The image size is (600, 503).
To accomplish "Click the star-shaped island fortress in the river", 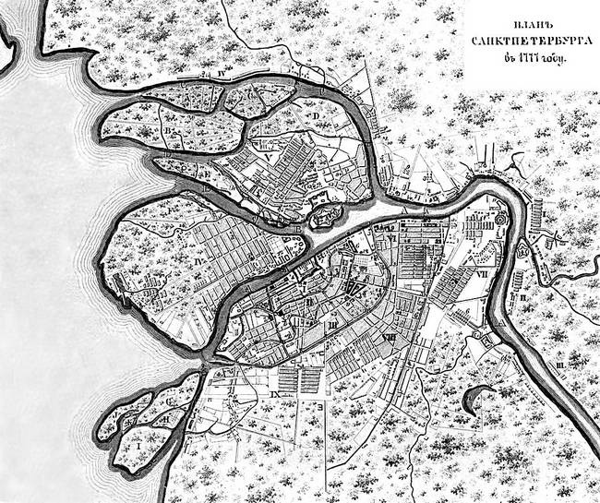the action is click(322, 218).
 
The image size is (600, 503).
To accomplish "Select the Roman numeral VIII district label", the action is click(391, 338).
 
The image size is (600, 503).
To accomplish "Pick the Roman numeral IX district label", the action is click(276, 395).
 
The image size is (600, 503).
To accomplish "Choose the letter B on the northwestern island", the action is click(168, 136).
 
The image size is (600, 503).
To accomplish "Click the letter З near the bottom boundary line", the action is click(318, 406).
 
